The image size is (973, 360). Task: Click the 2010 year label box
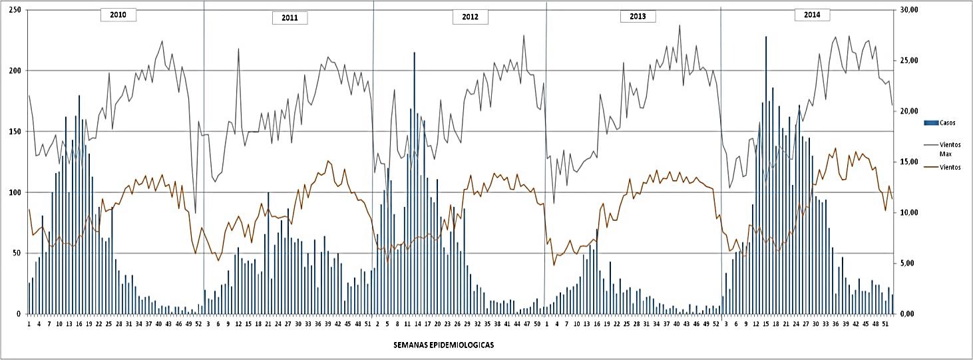click(x=118, y=15)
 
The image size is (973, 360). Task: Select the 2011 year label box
click(x=290, y=18)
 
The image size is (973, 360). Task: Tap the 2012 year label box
click(x=470, y=17)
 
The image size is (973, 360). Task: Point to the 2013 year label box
click(x=638, y=17)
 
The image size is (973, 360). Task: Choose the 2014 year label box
click(x=811, y=15)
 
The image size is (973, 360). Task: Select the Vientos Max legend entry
click(x=949, y=149)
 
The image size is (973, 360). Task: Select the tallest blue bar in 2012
click(x=414, y=183)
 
